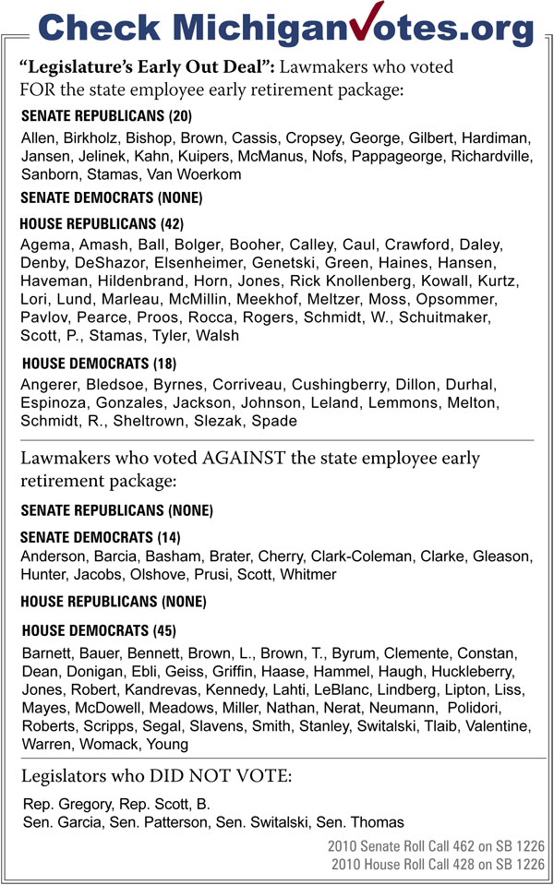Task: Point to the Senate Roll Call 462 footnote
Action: (x=436, y=845)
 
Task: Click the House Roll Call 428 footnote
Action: (x=438, y=863)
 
